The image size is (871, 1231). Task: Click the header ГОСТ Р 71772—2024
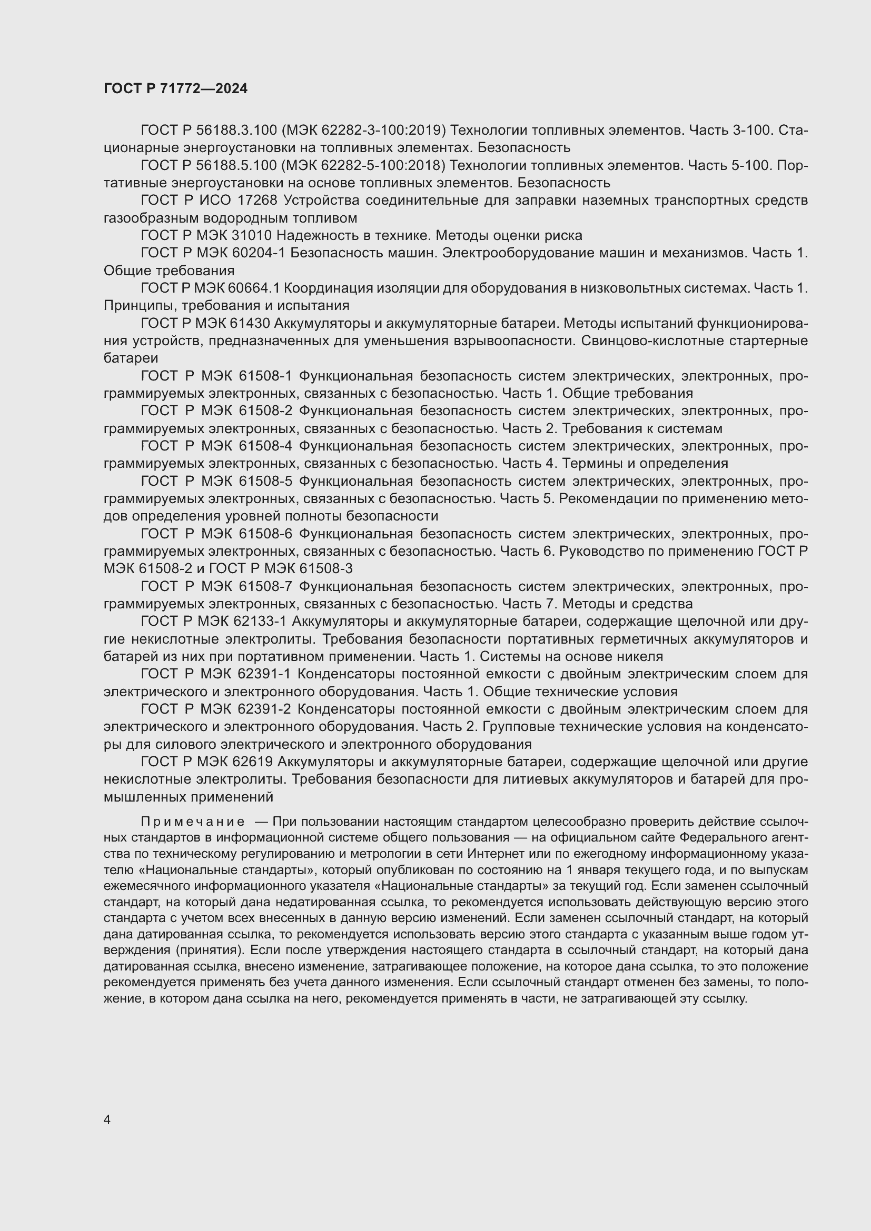click(x=175, y=88)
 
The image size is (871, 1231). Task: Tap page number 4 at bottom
click(x=107, y=1119)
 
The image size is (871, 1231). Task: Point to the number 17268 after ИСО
click(x=257, y=201)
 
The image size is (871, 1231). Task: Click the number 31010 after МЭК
click(x=252, y=235)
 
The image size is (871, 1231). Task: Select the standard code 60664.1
click(x=254, y=288)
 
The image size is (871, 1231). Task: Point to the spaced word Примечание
click(x=193, y=822)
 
